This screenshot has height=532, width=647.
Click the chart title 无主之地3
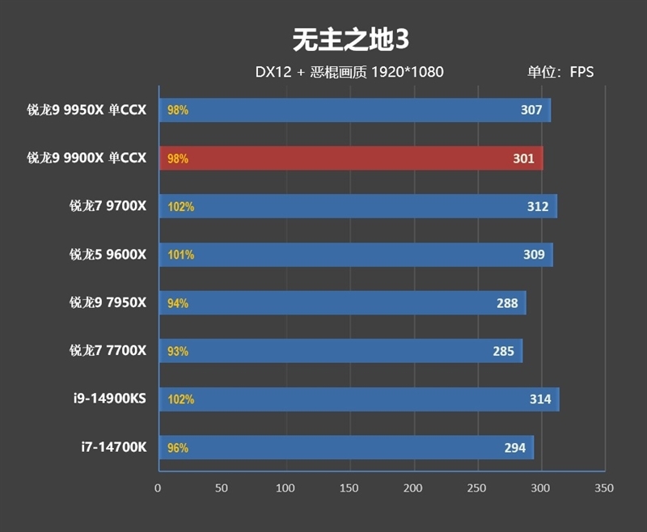(346, 38)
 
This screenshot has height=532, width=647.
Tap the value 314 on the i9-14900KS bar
(540, 399)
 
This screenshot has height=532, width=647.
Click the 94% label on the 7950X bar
(178, 303)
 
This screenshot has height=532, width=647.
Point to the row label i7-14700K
(113, 447)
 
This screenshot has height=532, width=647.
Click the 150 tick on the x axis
(349, 488)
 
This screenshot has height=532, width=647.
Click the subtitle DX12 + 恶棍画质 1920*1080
(349, 72)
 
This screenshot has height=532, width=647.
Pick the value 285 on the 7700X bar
(503, 351)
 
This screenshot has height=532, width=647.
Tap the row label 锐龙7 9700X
(108, 206)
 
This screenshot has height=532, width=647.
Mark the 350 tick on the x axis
(604, 488)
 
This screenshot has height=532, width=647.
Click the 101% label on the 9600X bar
(180, 255)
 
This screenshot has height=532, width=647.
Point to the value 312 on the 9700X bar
(537, 206)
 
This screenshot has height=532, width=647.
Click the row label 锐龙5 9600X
(108, 255)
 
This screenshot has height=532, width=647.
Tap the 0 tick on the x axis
(158, 488)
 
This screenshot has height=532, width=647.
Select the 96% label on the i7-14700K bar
(178, 447)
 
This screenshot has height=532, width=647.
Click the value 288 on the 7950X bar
(507, 303)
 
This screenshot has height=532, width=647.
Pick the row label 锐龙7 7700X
(108, 351)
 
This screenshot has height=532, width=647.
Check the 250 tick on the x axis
(477, 488)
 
